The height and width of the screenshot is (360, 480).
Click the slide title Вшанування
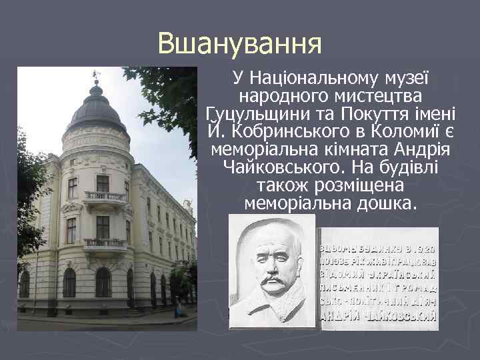[x=240, y=45]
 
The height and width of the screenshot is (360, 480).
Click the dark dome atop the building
[x=96, y=110]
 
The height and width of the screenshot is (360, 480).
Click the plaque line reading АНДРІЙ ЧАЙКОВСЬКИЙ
[x=379, y=317]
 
